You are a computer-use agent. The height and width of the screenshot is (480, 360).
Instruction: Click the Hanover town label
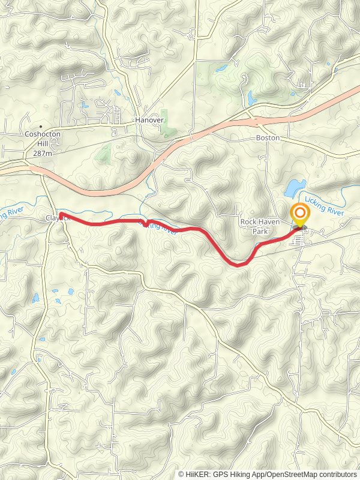tap(149, 120)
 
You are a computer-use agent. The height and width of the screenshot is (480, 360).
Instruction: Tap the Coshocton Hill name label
tap(42, 139)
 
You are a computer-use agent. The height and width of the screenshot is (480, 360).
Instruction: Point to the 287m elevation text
tap(42, 154)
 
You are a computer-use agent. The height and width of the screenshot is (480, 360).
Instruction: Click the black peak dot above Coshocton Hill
tap(41, 127)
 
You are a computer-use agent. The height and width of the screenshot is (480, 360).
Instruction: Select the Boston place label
tap(268, 137)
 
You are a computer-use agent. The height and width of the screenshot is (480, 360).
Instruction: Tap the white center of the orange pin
tap(300, 212)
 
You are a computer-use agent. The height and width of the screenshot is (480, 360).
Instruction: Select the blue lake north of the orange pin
tap(295, 188)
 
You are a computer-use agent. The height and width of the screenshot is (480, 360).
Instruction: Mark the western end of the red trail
tap(61, 215)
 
